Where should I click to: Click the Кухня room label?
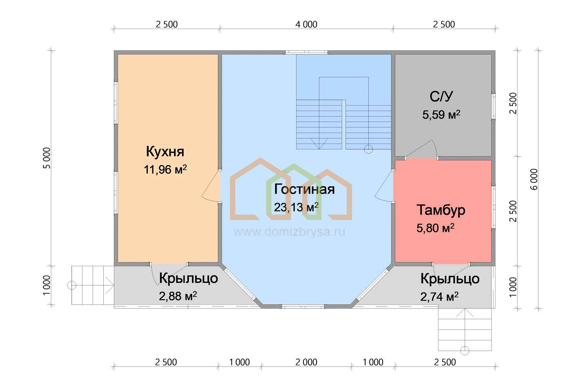pyautogui.click(x=165, y=151)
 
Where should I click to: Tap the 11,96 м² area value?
pyautogui.click(x=165, y=170)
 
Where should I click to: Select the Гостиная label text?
pyautogui.click(x=304, y=189)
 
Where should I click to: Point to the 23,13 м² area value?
pyautogui.click(x=296, y=207)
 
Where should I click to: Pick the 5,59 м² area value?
pyautogui.click(x=441, y=114)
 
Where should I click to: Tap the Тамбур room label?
pyautogui.click(x=441, y=210)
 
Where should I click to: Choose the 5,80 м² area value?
pyautogui.click(x=435, y=228)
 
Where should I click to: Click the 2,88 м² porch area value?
pyautogui.click(x=178, y=296)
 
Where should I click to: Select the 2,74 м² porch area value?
pyautogui.click(x=439, y=296)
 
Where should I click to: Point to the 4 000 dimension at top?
pyautogui.click(x=307, y=24)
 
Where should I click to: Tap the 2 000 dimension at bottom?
pyautogui.click(x=307, y=362)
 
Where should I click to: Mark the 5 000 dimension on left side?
pyautogui.click(x=47, y=158)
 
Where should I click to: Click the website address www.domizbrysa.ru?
pyautogui.click(x=289, y=232)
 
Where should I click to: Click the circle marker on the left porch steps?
pyautogui.click(x=72, y=285)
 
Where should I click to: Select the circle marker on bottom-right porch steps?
pyautogui.click(x=465, y=351)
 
